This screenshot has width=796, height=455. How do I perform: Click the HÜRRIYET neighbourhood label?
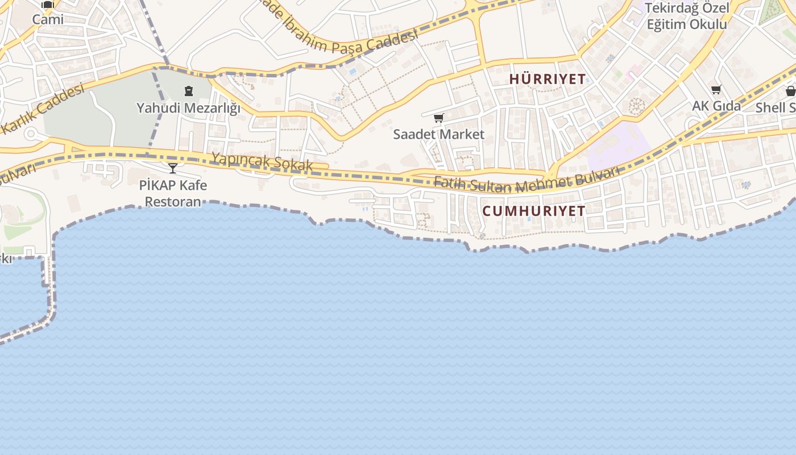pos(547,79)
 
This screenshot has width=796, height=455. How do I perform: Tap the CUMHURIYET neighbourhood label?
pos(533,211)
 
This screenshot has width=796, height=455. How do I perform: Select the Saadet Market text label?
pos(438,134)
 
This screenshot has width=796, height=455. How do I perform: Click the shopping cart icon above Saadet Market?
pos(438,118)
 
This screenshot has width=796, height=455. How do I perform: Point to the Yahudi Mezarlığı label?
pos(188,107)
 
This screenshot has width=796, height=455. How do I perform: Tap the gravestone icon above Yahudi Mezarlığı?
pos(188,91)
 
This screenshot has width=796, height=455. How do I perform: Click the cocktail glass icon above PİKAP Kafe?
pos(173,168)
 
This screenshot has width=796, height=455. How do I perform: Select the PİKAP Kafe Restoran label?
pos(173,193)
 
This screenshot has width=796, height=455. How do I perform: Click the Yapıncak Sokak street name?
pos(262,161)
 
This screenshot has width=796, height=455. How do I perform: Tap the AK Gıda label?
pos(716,106)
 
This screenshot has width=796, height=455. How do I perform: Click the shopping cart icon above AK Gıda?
pos(716,89)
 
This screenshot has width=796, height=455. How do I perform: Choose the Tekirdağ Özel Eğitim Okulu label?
pos(686,16)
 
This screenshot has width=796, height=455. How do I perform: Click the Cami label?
pos(48,19)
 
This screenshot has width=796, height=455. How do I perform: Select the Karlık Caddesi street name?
pos(43,109)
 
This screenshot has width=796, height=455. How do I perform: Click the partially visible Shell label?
pos(776,107)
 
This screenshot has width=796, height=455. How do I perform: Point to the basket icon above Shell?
pos(790,91)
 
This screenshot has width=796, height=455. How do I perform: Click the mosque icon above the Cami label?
pos(48,5)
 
